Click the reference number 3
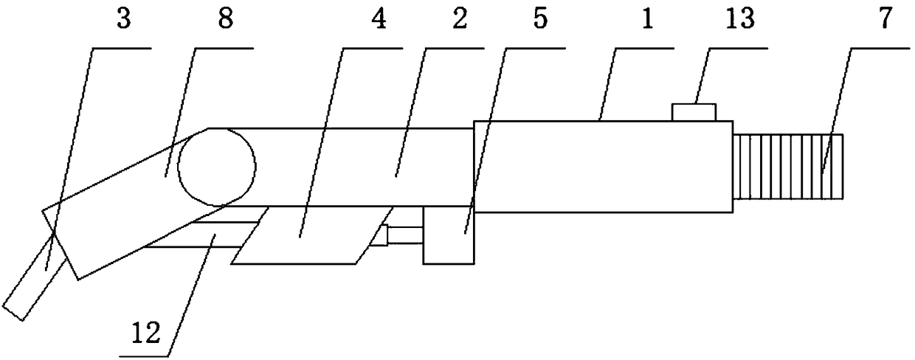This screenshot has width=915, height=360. pos(123,20)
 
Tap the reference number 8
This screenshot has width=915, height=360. pos(226,20)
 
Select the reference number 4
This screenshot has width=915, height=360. pos(377,20)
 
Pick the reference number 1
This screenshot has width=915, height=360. pos(649,20)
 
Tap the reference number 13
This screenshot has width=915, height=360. pos(740,20)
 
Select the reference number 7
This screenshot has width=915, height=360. pos(884,20)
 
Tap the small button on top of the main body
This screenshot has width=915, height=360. pos(694,111)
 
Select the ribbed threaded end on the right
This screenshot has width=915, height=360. pos(790,167)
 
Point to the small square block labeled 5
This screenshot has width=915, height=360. pos(448,235)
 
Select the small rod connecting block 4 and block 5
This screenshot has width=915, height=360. pos(404,235)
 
